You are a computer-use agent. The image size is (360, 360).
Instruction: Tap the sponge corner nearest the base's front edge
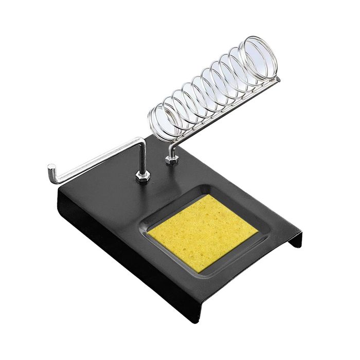coord(196,271)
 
